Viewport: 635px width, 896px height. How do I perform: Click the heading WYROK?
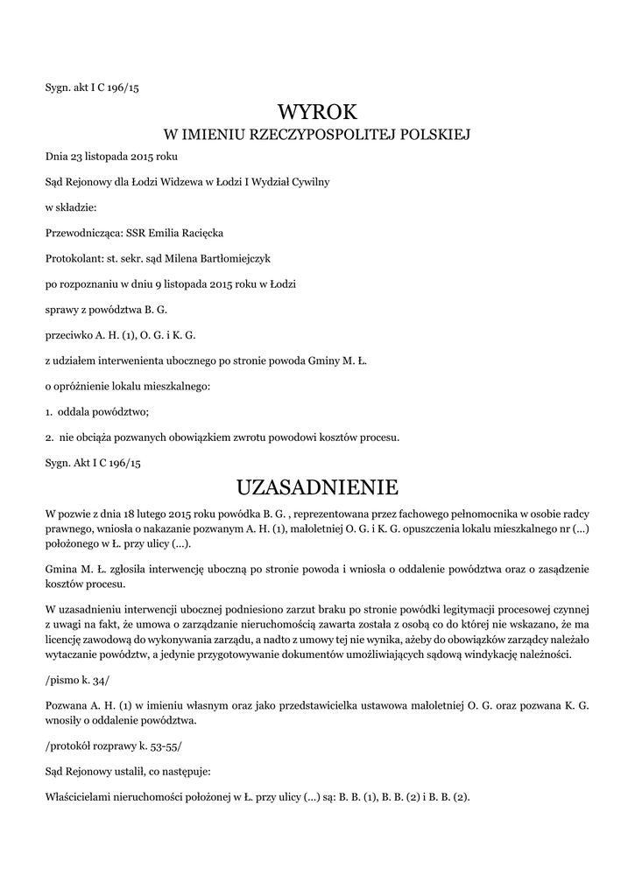coord(318,112)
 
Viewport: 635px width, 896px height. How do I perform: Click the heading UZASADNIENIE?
coord(318,486)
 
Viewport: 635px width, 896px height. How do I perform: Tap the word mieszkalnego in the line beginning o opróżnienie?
coord(175,386)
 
